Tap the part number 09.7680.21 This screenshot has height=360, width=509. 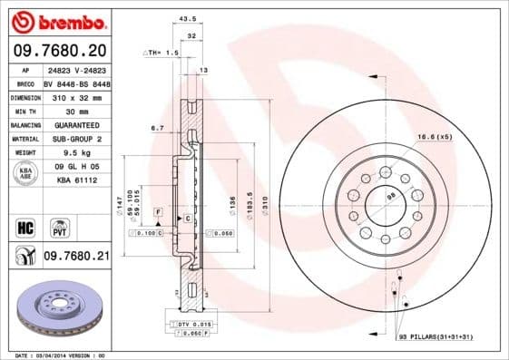pos(76,257)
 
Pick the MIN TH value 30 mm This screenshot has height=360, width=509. pos(75,110)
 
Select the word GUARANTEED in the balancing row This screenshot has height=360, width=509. pos(75,124)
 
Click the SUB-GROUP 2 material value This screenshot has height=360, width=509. pos(75,138)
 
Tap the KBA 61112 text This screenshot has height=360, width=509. pos(75,180)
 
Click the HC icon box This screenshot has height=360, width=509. pos(25,227)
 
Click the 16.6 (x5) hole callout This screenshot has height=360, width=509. pos(435,136)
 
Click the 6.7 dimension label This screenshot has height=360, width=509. pos(157,129)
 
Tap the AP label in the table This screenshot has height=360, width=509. pos(26,69)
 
